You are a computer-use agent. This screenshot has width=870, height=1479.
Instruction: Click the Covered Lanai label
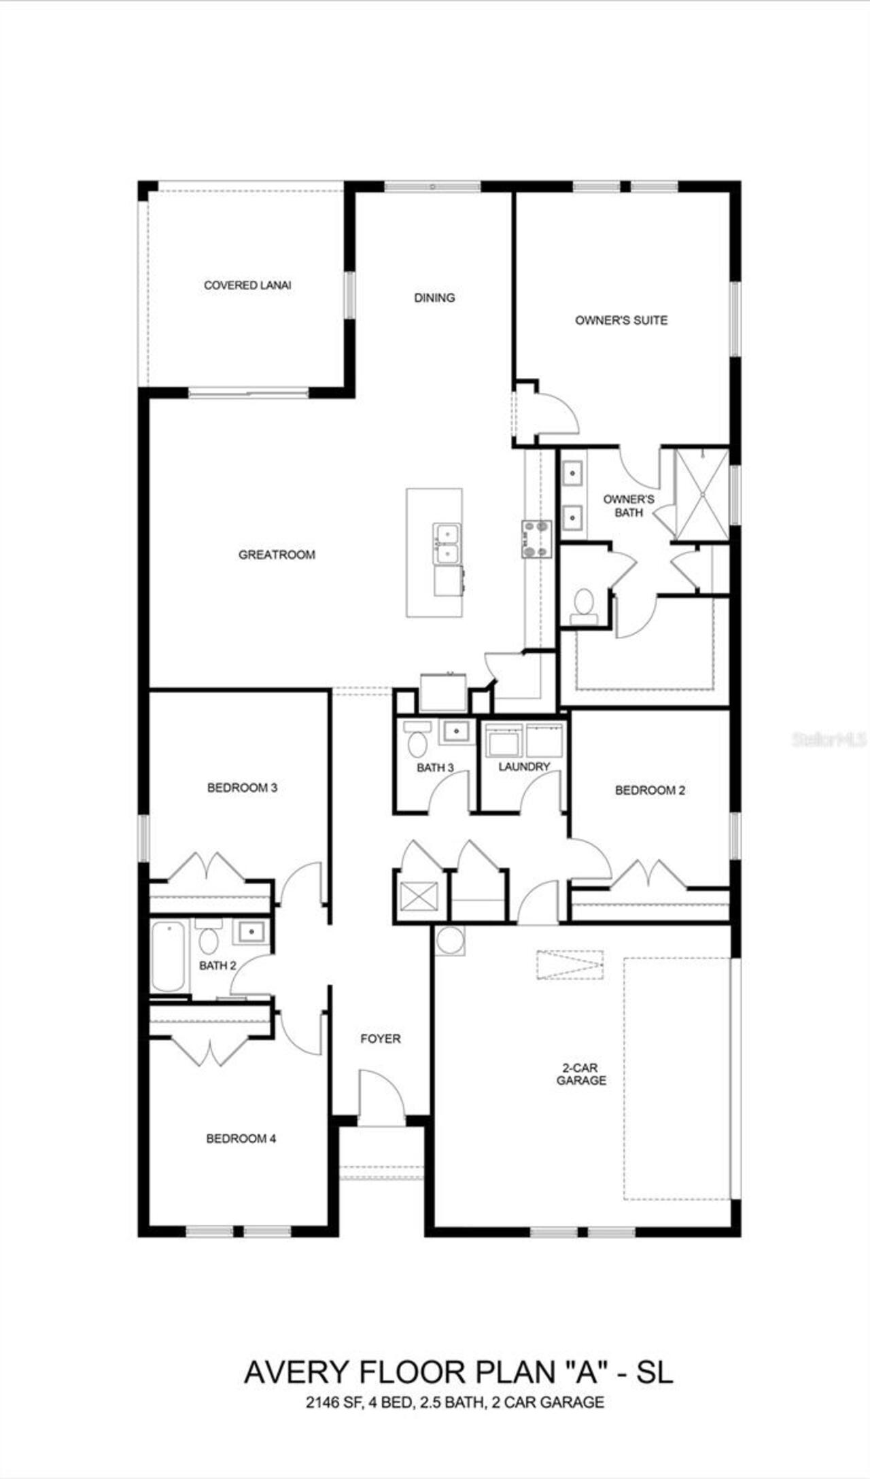(x=247, y=285)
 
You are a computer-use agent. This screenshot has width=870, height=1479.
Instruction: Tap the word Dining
(x=434, y=298)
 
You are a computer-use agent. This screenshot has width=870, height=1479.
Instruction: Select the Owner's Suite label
(x=621, y=320)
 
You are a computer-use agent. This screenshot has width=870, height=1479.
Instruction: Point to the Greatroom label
(x=277, y=555)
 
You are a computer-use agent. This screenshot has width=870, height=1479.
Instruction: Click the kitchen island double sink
(x=447, y=544)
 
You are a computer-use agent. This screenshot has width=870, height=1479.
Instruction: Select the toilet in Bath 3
(x=416, y=741)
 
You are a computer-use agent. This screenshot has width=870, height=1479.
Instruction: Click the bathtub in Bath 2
(x=168, y=956)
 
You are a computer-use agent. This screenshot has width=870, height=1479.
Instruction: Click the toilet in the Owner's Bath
(x=583, y=604)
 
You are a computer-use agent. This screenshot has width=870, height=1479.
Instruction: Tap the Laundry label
(x=523, y=767)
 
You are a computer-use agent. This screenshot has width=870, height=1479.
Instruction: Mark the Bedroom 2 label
(x=650, y=790)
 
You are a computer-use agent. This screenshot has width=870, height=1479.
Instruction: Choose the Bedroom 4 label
(x=241, y=1138)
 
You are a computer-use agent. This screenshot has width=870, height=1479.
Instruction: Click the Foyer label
(x=380, y=1039)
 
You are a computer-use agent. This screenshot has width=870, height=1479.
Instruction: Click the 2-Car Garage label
(x=581, y=1074)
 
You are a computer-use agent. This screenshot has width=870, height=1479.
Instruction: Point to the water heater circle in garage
(x=449, y=941)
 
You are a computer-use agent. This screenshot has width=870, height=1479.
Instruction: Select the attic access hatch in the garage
(x=570, y=965)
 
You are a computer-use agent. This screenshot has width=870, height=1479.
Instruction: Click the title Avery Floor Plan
(x=458, y=1372)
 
